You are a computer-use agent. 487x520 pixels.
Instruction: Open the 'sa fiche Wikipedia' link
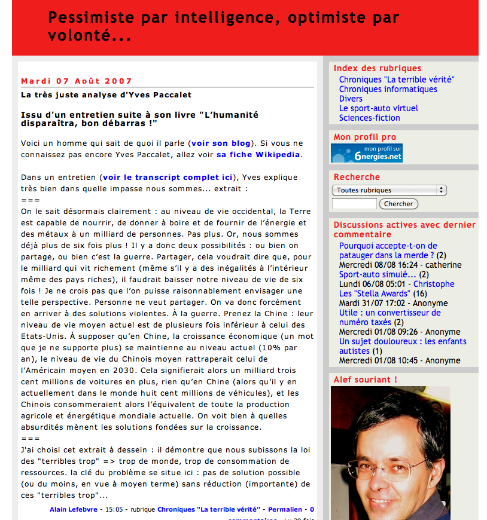pyautogui.click(x=258, y=154)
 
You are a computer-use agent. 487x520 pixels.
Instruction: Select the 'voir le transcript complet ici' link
pyautogui.click(x=167, y=178)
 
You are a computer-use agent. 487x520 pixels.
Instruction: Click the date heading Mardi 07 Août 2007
pyautogui.click(x=77, y=81)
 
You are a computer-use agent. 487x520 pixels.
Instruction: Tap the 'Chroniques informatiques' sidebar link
pyautogui.click(x=388, y=89)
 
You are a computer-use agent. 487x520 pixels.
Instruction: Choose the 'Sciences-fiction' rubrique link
pyautogui.click(x=369, y=118)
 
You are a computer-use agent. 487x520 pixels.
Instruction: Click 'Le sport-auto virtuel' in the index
pyautogui.click(x=378, y=108)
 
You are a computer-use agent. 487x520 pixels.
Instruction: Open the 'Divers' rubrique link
pyautogui.click(x=351, y=99)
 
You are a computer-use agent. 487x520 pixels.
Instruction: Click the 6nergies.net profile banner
pyautogui.click(x=367, y=153)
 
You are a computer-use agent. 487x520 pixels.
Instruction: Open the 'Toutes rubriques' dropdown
pyautogui.click(x=389, y=190)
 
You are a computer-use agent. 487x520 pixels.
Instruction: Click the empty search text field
pyautogui.click(x=354, y=204)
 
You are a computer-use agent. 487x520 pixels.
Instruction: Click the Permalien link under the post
pyautogui.click(x=285, y=509)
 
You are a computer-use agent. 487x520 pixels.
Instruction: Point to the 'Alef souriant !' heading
pyautogui.click(x=365, y=380)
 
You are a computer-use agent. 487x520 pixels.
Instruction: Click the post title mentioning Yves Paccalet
pyautogui.click(x=106, y=94)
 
